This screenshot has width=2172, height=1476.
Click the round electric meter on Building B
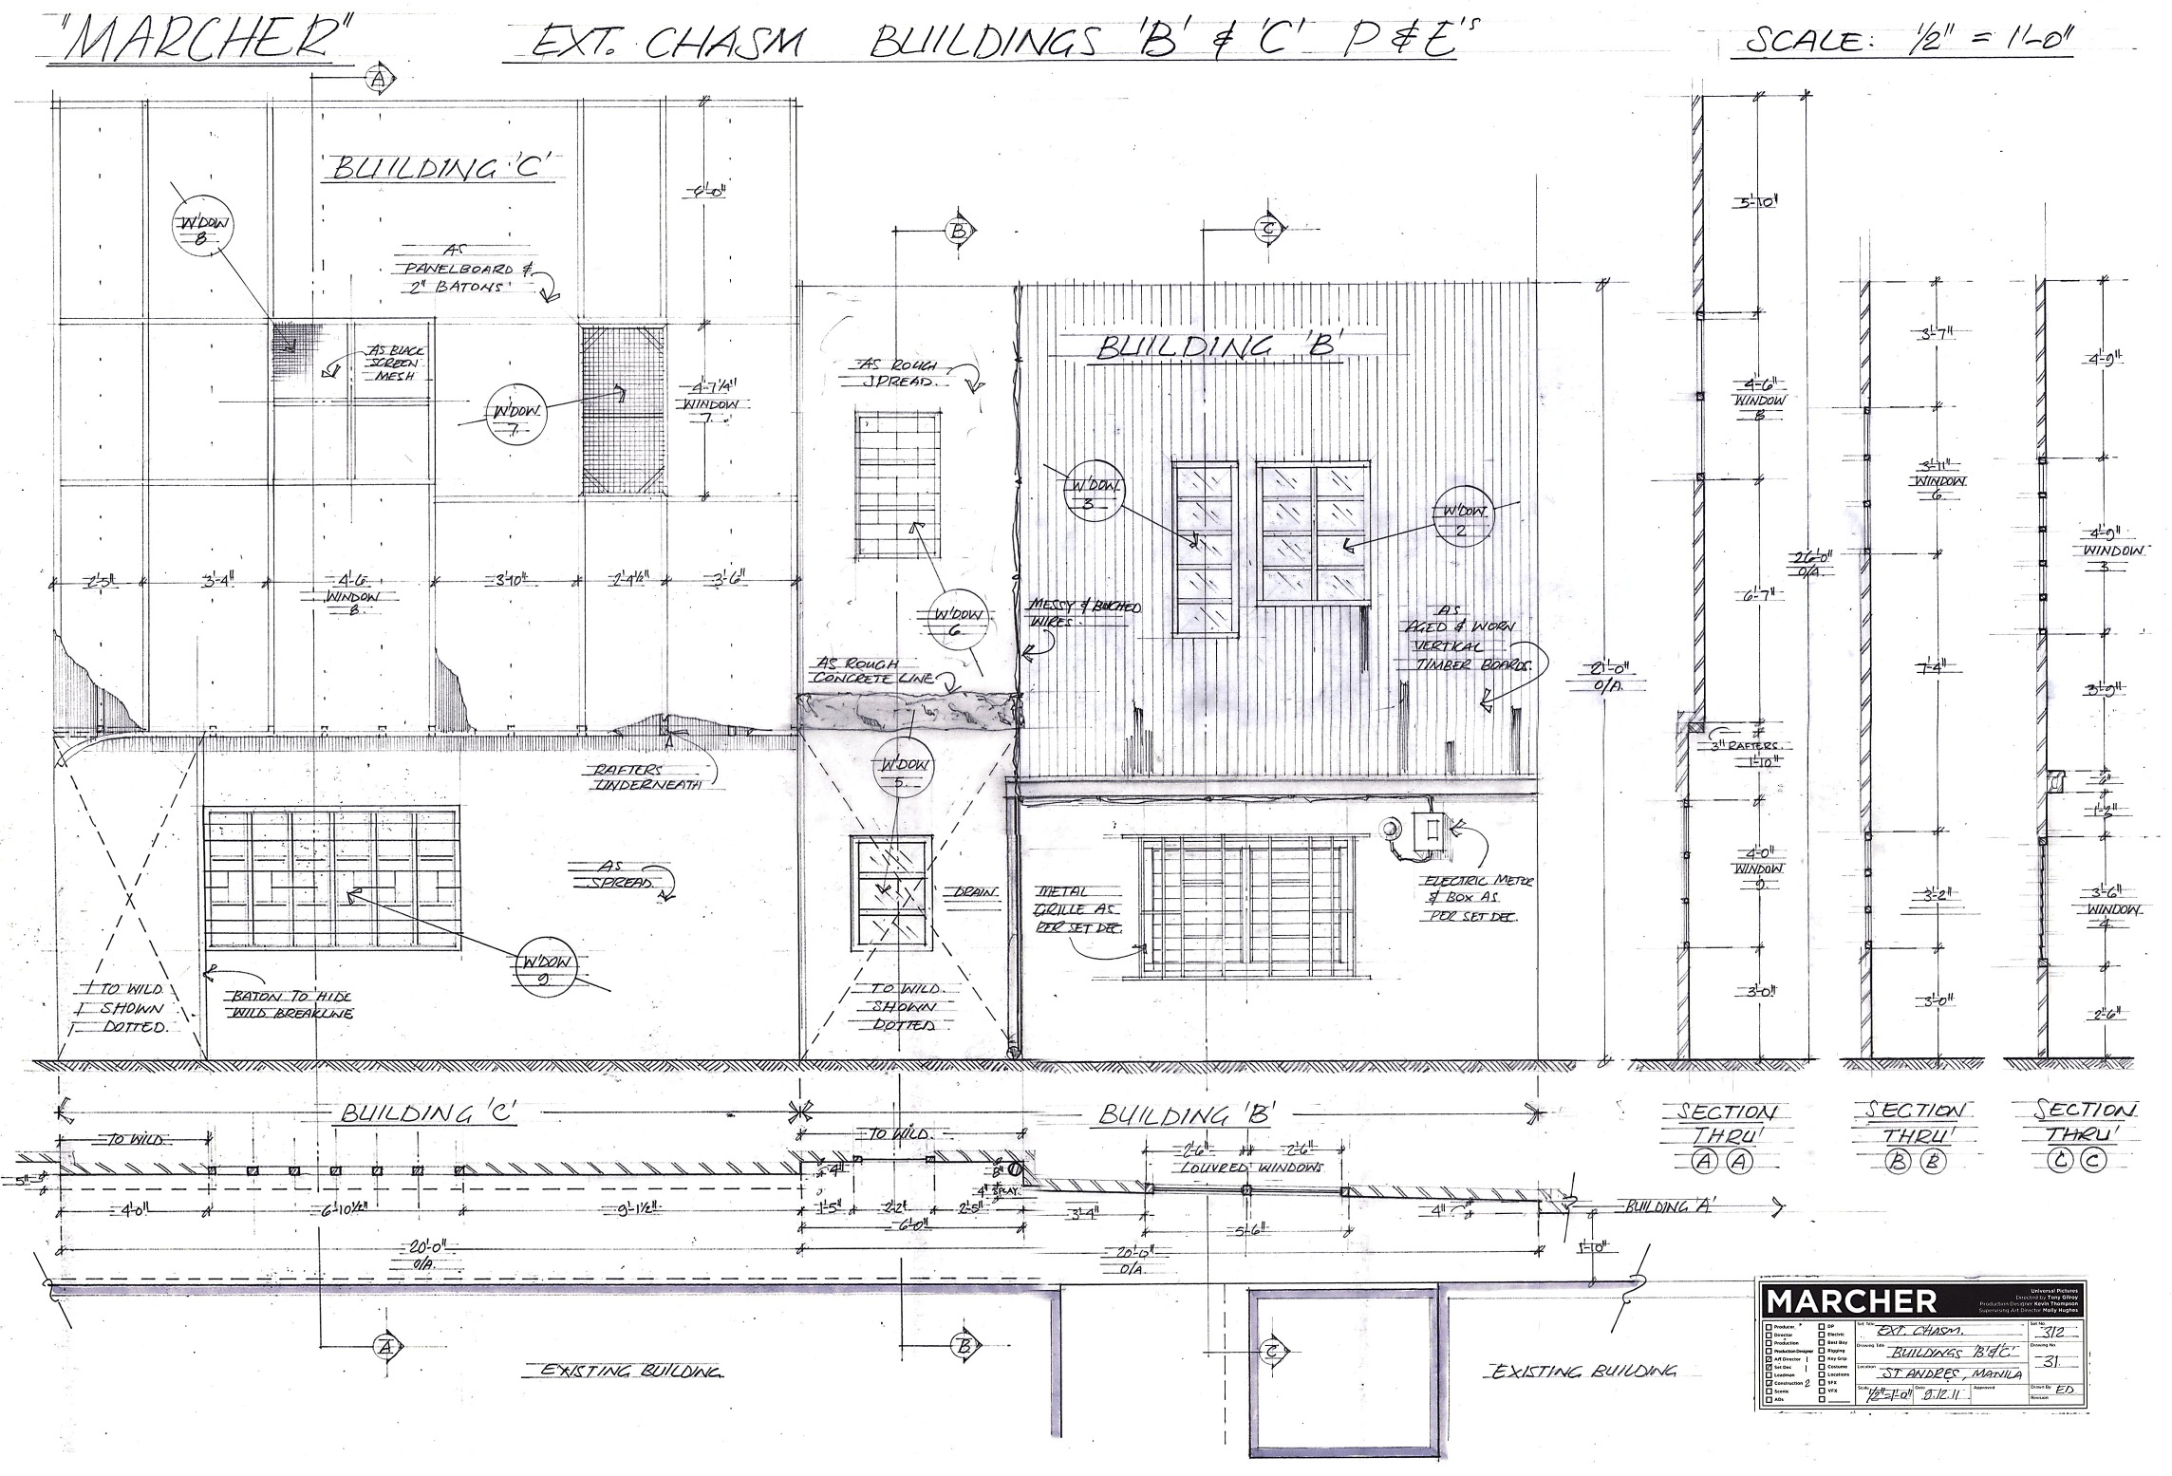coord(1391,830)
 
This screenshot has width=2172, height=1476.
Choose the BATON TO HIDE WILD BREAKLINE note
coord(290,1004)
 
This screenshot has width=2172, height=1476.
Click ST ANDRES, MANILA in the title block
coord(1936,1375)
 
